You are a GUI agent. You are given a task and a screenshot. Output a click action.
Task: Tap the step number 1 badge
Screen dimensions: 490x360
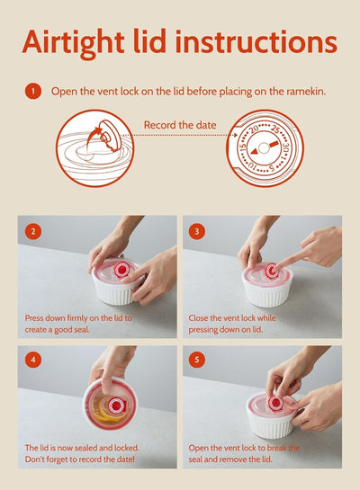point(32,91)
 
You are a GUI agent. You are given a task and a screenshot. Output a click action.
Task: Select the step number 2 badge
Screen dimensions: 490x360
point(32,231)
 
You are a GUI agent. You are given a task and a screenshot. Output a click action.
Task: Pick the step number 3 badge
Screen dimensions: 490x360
point(198,231)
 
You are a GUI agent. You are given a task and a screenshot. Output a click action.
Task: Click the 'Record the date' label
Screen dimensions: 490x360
point(180,125)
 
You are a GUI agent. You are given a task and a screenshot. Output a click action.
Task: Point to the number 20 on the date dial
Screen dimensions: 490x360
point(254,129)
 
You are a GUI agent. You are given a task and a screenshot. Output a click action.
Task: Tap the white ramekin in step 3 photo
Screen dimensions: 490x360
point(266,290)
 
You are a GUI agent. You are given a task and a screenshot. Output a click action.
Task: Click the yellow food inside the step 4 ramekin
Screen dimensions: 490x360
point(112,405)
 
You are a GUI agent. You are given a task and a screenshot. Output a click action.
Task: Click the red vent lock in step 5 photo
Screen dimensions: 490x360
point(275,404)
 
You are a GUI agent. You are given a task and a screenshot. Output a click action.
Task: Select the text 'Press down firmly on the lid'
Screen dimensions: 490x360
point(78,318)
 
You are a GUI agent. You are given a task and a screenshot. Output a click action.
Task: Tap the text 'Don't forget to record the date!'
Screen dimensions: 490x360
point(80,459)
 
